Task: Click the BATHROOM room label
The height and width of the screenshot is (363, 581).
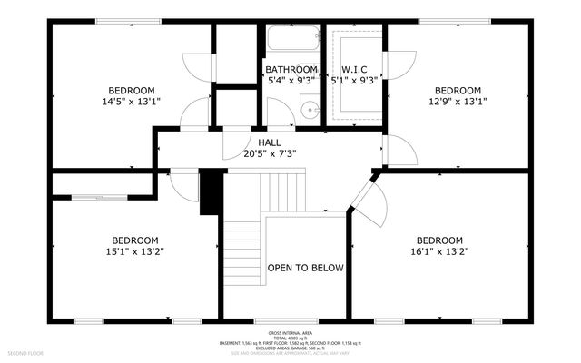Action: pyautogui.click(x=291, y=69)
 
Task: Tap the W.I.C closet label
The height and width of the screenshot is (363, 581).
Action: pyautogui.click(x=354, y=69)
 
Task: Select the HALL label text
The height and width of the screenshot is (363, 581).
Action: pyautogui.click(x=270, y=142)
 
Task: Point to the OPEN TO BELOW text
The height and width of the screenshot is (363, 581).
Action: pyautogui.click(x=305, y=268)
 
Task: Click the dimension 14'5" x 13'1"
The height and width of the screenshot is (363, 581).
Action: pyautogui.click(x=132, y=101)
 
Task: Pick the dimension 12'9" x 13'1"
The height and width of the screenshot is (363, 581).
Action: pyautogui.click(x=457, y=101)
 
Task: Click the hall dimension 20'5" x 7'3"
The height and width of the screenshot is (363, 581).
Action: pyautogui.click(x=271, y=153)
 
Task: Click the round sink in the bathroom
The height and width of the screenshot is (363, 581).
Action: pyautogui.click(x=310, y=112)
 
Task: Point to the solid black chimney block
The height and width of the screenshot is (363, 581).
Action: pyautogui.click(x=211, y=191)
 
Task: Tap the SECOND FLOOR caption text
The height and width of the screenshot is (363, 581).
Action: pyautogui.click(x=25, y=351)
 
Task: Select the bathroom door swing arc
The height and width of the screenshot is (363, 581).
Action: pyautogui.click(x=280, y=113)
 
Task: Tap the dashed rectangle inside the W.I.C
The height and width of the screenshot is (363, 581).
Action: pyautogui.click(x=355, y=77)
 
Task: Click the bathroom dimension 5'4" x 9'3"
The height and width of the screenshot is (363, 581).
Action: pyautogui.click(x=291, y=80)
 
